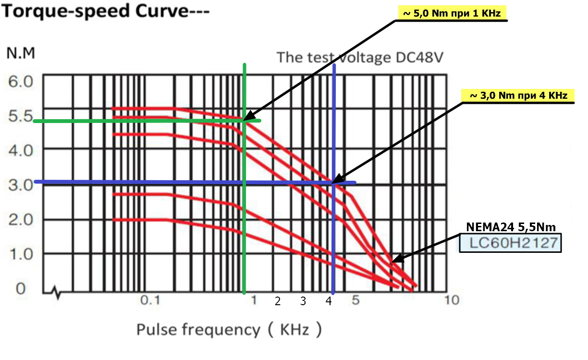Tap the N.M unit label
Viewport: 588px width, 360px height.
click(x=21, y=53)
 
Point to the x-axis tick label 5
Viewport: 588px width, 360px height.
click(x=355, y=301)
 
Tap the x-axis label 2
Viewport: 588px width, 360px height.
click(x=277, y=301)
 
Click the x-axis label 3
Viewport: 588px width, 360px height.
click(x=303, y=301)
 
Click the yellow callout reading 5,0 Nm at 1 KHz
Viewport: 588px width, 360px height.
click(x=452, y=13)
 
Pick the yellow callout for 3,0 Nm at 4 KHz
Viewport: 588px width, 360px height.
click(x=518, y=96)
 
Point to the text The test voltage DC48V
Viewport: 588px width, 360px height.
click(x=359, y=58)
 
